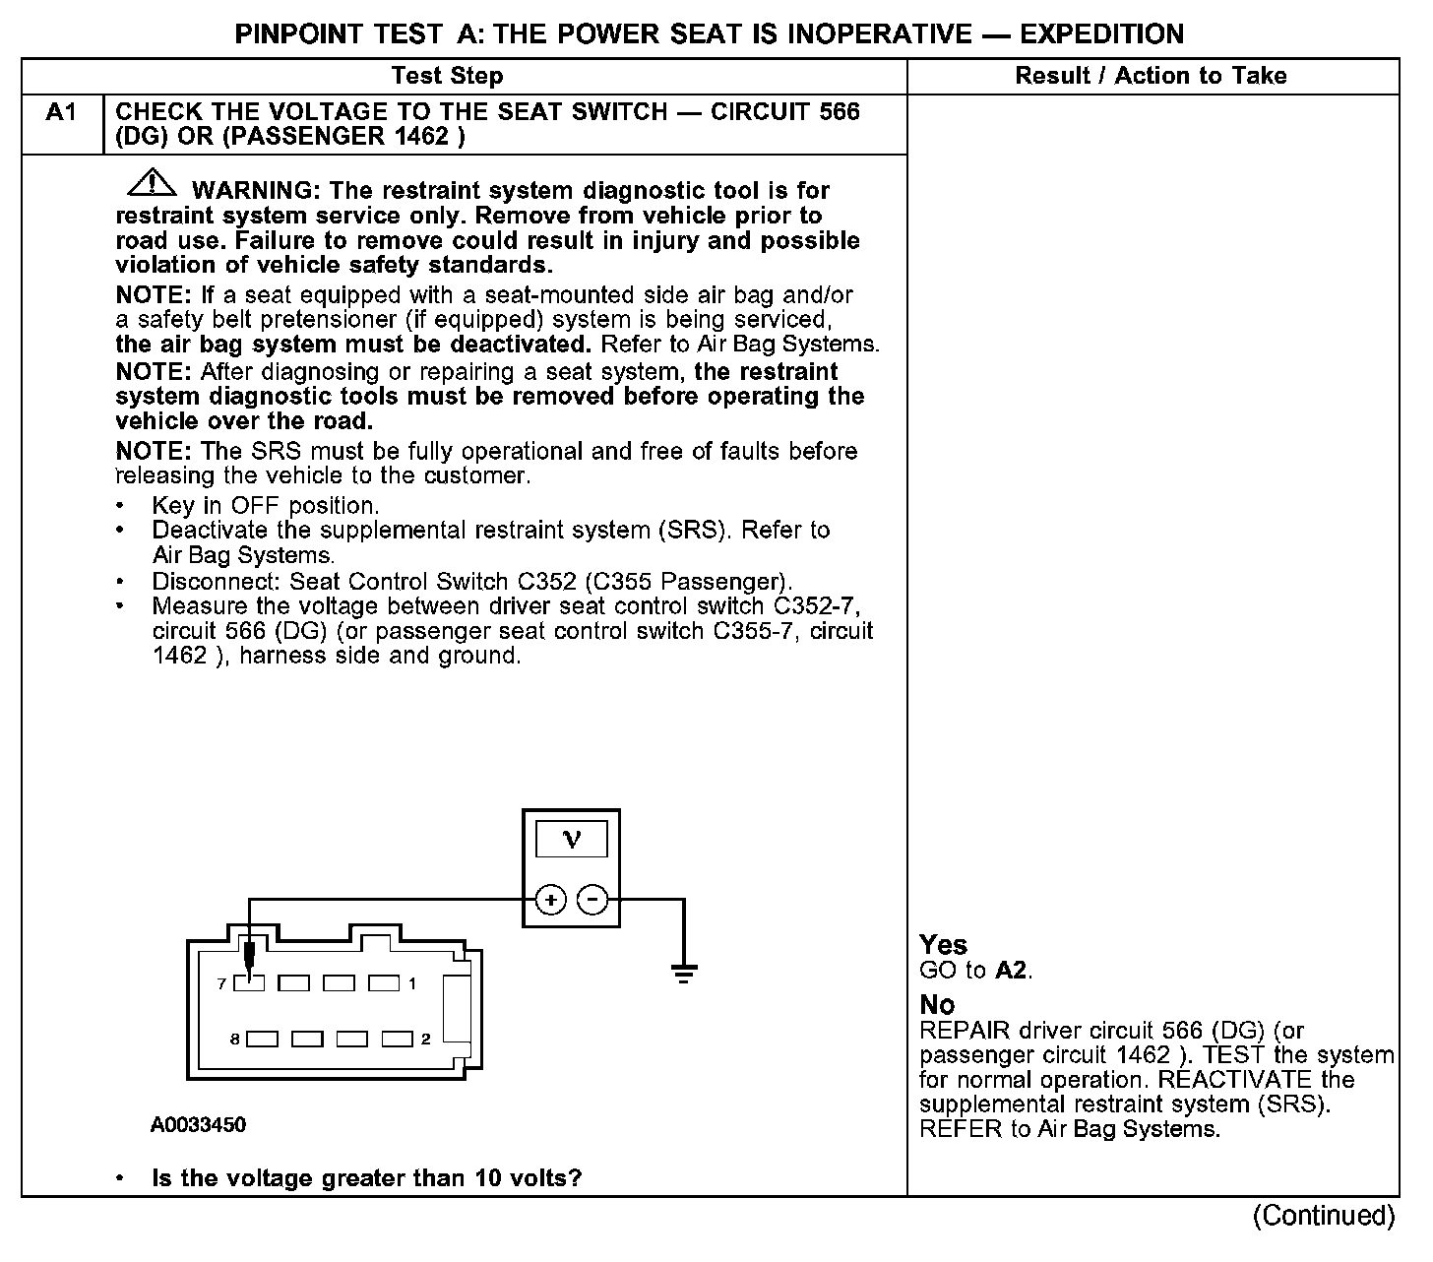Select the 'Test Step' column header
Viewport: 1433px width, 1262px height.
447,76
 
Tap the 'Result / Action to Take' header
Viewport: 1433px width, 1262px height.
1151,76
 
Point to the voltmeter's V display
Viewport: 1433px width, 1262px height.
571,840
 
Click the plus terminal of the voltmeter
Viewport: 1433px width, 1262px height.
550,899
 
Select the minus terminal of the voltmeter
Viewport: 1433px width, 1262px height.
592,899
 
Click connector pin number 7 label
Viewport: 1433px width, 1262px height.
222,983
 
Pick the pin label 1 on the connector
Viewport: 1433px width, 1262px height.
412,983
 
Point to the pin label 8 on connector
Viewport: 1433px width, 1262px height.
234,1039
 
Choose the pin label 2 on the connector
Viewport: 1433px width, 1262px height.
425,1039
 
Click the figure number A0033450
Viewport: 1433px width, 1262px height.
198,1125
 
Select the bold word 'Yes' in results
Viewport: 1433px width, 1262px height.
943,945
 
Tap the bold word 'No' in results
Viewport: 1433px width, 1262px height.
937,1005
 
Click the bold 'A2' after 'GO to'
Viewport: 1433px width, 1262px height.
1013,971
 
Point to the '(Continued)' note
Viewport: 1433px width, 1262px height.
1323,1217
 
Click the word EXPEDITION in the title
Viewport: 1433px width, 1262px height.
1101,34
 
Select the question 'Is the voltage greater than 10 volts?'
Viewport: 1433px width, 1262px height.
367,1178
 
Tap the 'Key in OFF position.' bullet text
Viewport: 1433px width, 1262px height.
265,506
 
